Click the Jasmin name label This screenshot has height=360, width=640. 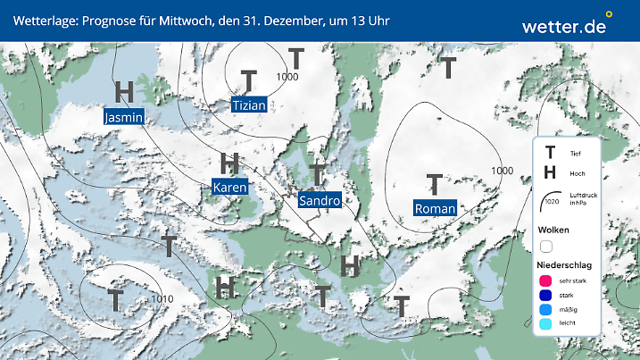[124, 117]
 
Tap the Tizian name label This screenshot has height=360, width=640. [249, 105]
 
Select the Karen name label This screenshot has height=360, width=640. [229, 188]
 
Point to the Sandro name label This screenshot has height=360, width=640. [320, 201]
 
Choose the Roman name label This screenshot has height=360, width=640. [436, 208]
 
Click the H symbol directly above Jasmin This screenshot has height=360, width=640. [125, 92]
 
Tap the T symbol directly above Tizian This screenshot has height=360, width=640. [250, 80]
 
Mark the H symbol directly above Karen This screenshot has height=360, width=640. [229, 163]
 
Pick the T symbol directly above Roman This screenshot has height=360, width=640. [435, 184]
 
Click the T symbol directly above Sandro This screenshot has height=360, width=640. [317, 175]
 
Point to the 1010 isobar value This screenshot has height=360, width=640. [162, 298]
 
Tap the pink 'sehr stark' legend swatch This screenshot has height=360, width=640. [544, 281]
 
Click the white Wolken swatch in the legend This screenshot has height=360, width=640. [545, 246]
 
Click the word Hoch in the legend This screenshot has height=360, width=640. [577, 172]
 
